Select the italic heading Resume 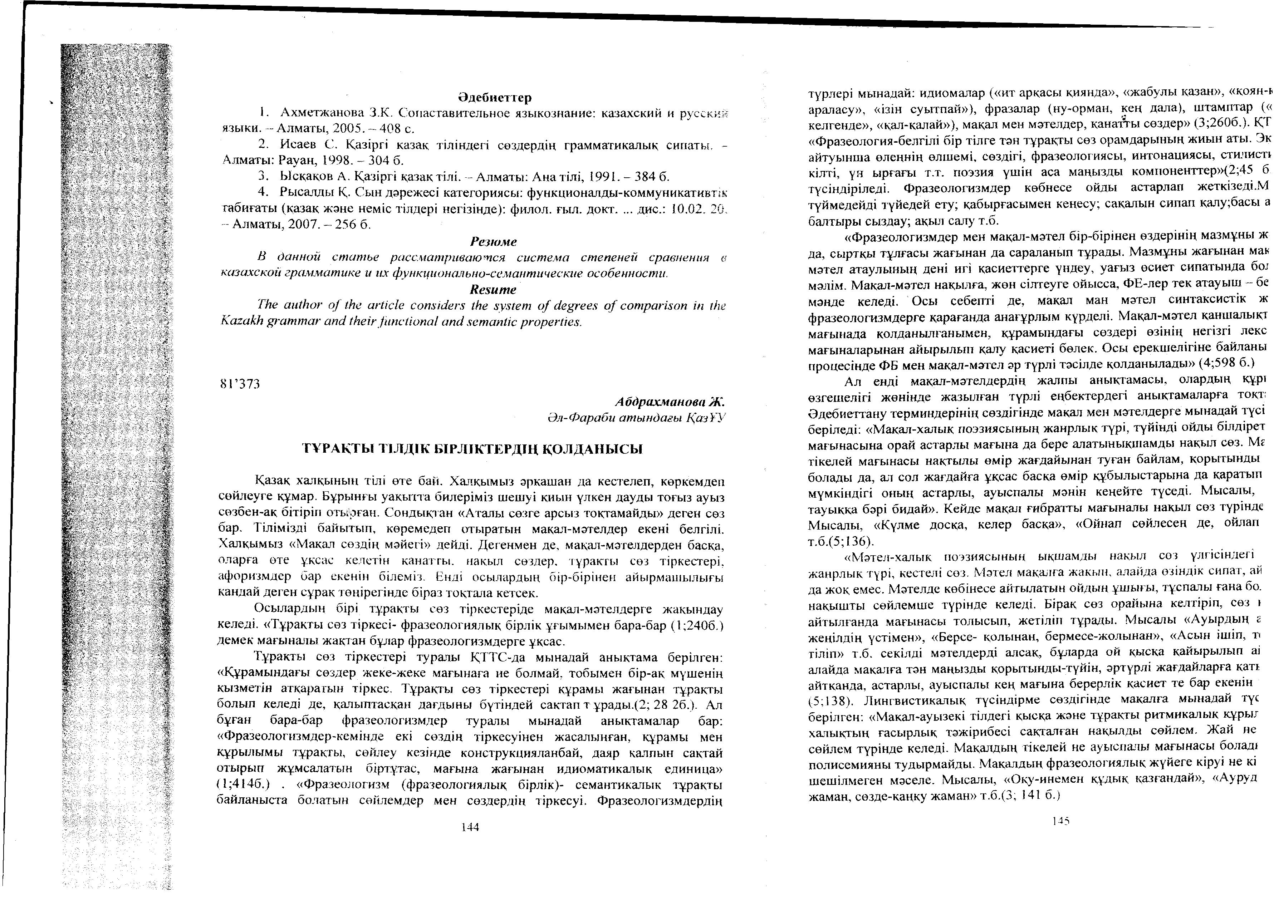[x=493, y=289]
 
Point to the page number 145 [x=1060, y=821]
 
